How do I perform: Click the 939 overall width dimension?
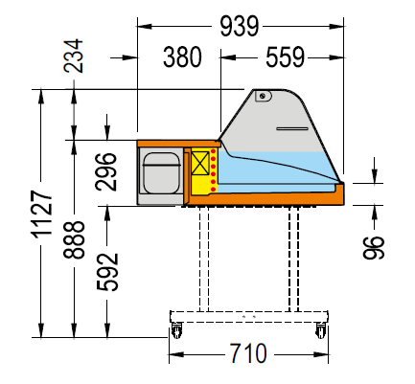(240, 26)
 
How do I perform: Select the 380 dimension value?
(182, 57)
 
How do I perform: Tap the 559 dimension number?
(285, 57)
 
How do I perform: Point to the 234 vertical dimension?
(73, 56)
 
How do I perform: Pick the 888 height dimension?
(74, 239)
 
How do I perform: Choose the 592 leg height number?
(107, 272)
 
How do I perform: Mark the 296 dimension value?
(106, 172)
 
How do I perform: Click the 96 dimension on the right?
(374, 247)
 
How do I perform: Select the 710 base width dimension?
(248, 353)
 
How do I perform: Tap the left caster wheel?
(176, 330)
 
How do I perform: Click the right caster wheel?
(321, 330)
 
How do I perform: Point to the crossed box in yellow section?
(200, 163)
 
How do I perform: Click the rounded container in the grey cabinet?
(161, 172)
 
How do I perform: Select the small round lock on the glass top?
(263, 96)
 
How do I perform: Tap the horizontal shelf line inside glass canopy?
(292, 128)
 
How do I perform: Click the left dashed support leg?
(204, 260)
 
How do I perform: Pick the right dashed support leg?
(293, 260)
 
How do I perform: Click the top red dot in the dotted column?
(213, 151)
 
